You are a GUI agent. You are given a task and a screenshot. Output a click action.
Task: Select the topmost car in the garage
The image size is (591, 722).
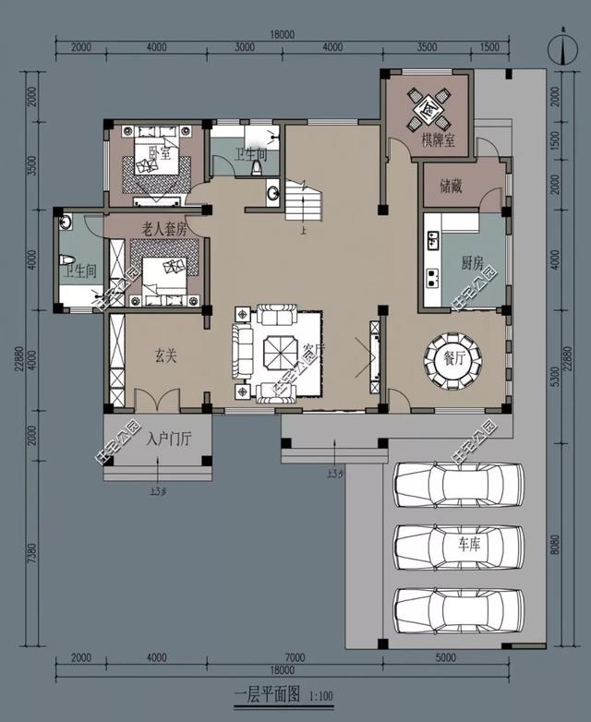click(x=458, y=485)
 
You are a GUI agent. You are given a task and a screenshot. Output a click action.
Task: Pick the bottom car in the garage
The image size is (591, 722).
click(x=458, y=608)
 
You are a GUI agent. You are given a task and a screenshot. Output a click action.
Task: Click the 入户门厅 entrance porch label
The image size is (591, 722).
click(x=168, y=438)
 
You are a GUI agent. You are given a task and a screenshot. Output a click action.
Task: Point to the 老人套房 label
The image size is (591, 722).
click(x=164, y=227)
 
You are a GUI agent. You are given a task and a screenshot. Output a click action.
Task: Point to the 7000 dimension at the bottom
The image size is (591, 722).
click(x=295, y=656)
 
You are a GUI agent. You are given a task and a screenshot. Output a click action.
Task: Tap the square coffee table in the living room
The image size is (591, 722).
click(x=278, y=353)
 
